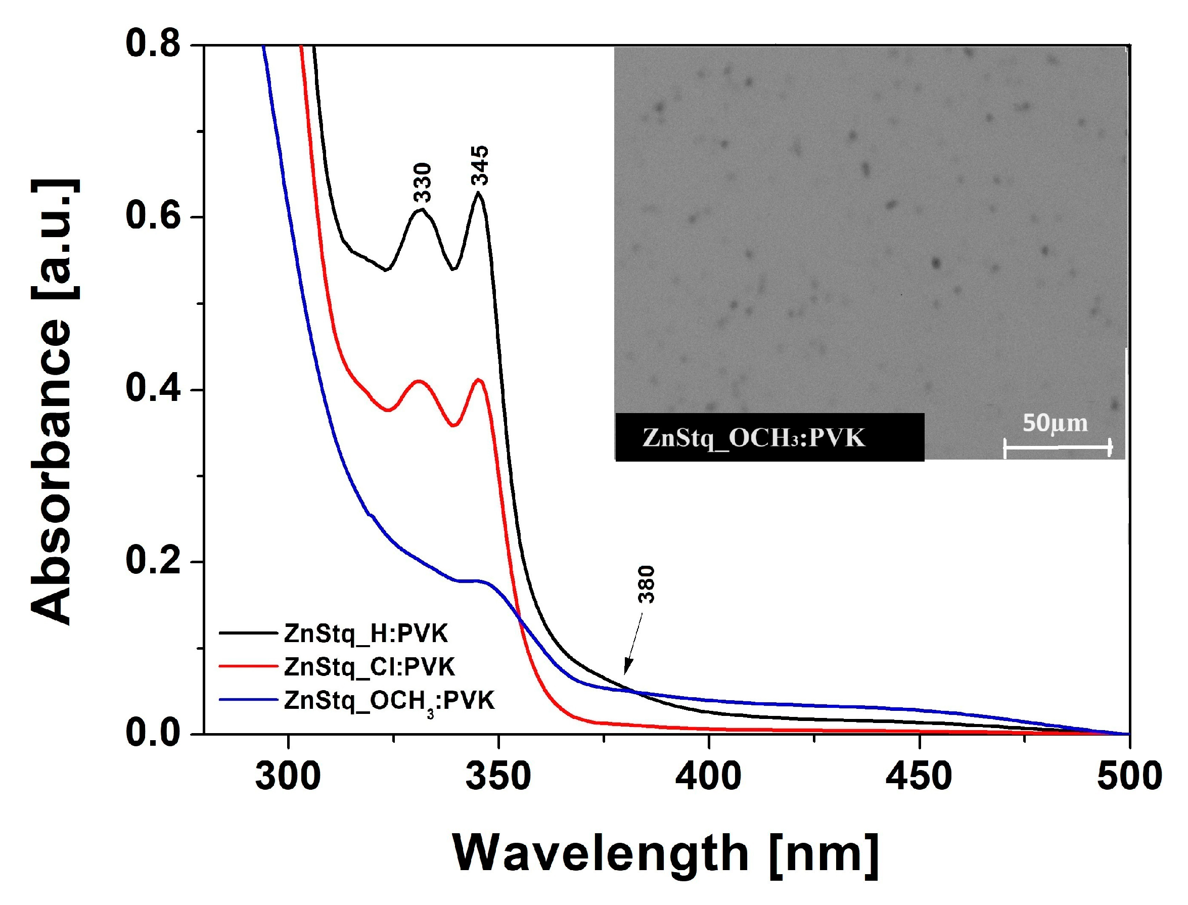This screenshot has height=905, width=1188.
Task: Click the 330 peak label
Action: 423,182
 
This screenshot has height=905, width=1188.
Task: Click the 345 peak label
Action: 479,165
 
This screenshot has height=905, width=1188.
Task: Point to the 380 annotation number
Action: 646,584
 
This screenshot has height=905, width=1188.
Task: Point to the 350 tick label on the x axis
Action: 498,777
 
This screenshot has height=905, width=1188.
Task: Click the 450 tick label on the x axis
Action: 919,777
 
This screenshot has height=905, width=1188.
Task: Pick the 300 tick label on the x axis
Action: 288,777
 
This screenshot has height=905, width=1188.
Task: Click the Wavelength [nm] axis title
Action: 666,853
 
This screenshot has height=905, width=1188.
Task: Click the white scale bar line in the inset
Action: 1057,446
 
